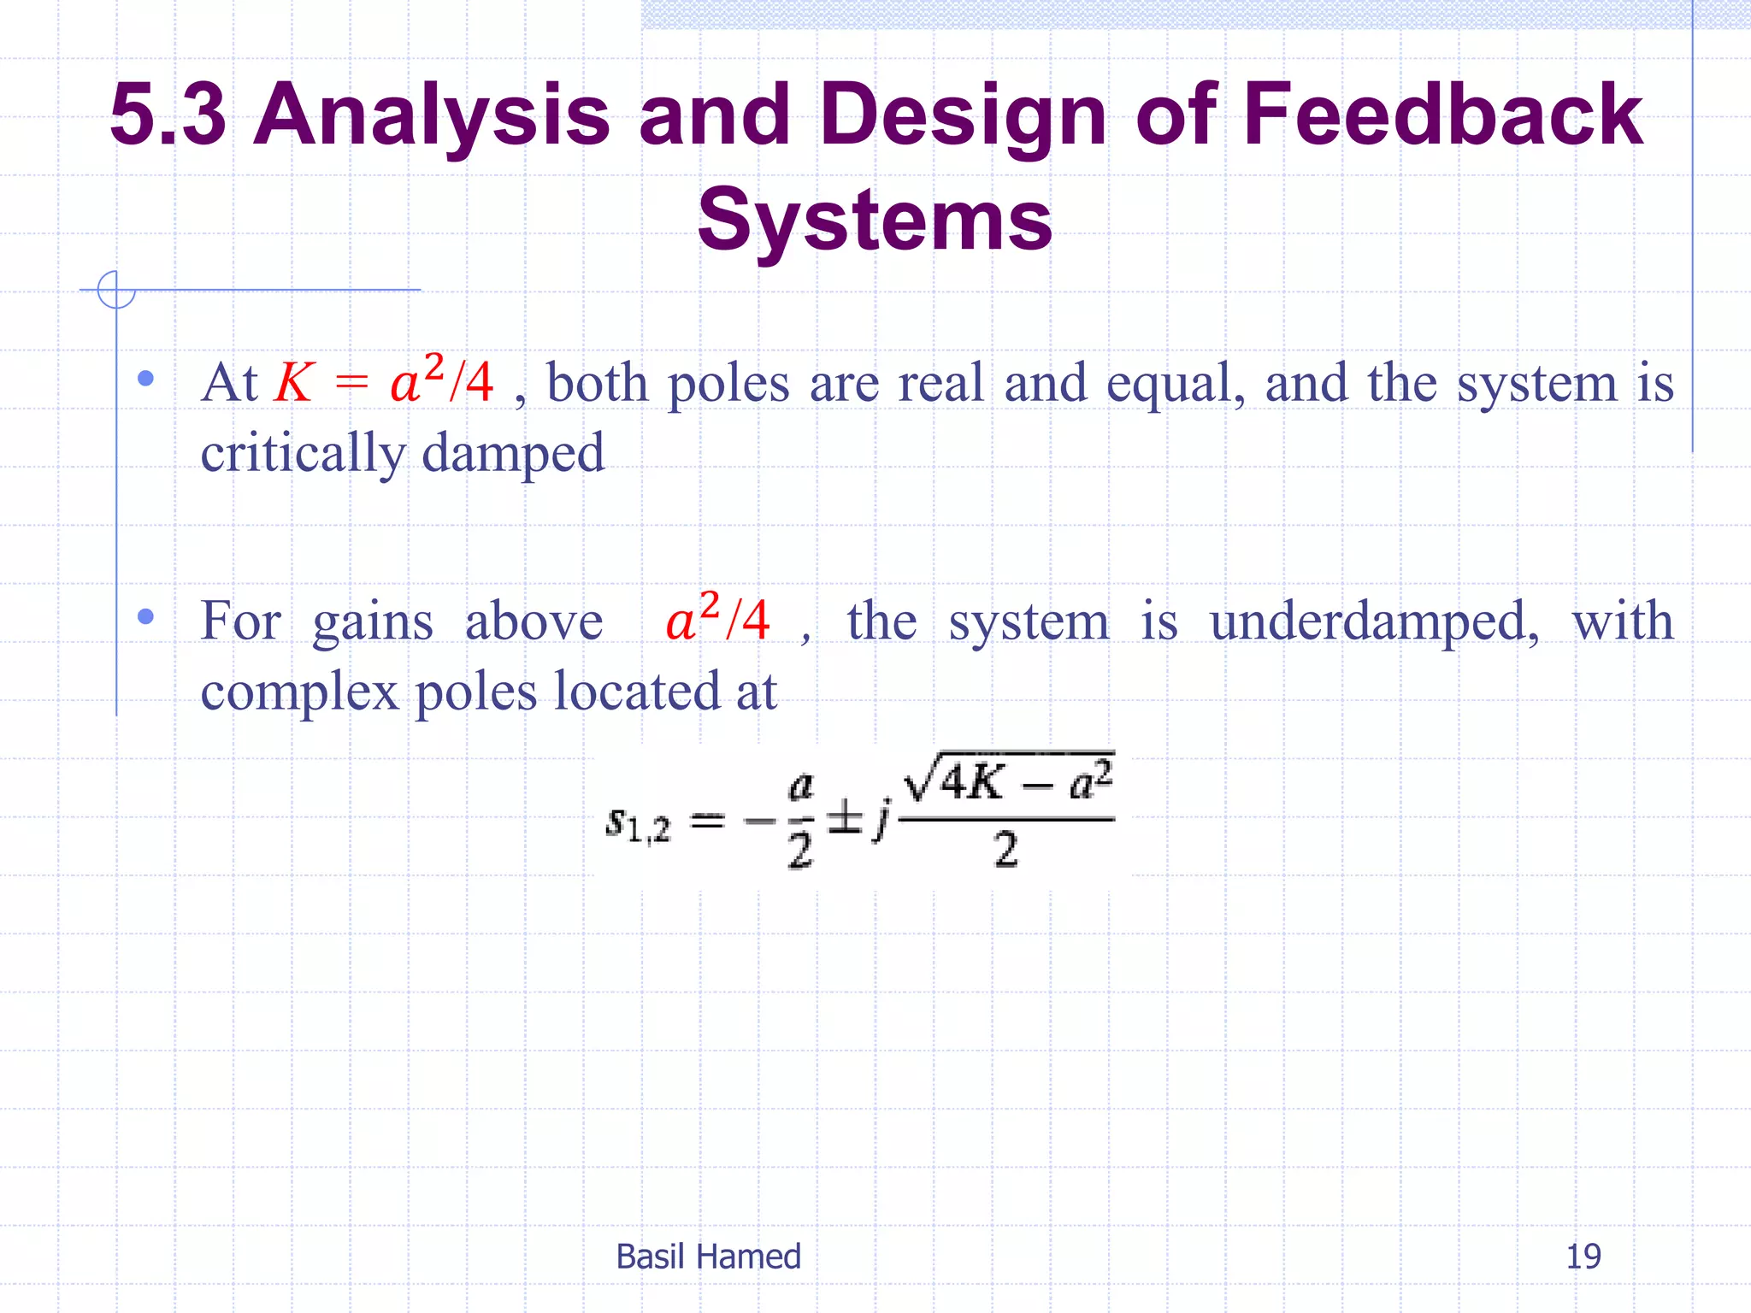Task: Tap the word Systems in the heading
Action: pos(875,221)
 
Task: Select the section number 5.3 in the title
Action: pos(168,115)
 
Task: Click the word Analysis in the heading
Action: pos(433,115)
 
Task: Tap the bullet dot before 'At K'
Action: pos(145,378)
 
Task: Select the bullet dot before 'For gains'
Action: pos(145,615)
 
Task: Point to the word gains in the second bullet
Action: pos(373,621)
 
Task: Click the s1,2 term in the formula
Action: pos(638,823)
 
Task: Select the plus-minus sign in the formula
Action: pos(846,817)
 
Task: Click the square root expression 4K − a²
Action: pos(1009,780)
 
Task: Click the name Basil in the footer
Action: pos(649,1257)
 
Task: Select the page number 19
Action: pos(1583,1257)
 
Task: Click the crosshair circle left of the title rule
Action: pos(116,290)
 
